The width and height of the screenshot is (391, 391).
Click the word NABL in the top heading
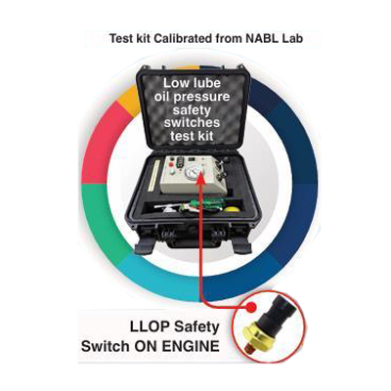pos(261,38)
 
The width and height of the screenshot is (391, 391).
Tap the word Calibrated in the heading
pos(183,38)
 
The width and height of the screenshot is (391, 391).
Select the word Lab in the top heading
pos(292,38)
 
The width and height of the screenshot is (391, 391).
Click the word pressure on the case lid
pos(206,98)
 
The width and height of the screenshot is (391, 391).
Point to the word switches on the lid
pos(192,123)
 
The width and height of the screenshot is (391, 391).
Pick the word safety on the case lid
pos(192,110)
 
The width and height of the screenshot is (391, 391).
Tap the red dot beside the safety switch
pos(251,307)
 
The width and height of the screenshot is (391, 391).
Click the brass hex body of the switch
pos(261,335)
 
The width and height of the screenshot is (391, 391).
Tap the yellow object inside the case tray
pos(232,210)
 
